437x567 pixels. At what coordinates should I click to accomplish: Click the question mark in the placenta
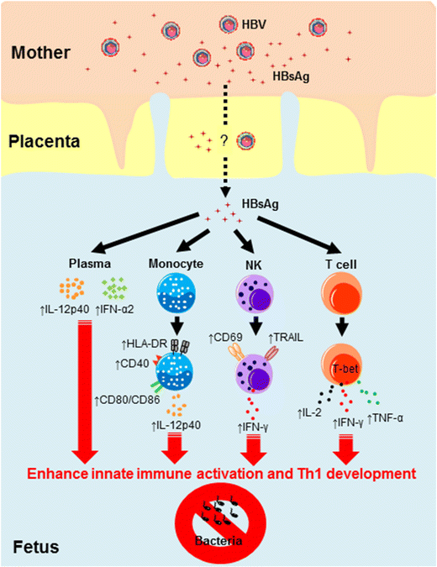pos(224,140)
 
